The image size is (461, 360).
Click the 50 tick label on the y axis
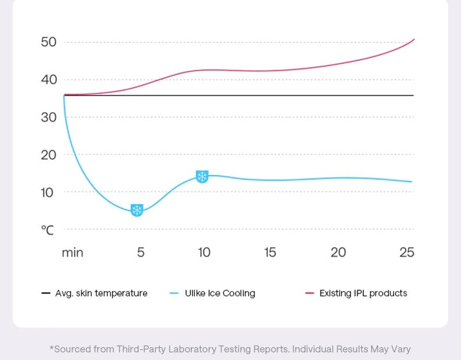48,42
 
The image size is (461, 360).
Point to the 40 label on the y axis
48,79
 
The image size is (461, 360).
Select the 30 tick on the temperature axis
48,117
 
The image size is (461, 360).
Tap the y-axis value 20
48,155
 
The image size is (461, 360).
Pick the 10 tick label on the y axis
48,192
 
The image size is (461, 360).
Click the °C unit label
47,230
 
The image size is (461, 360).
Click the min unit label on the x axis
72,253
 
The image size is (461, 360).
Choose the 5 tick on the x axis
141,253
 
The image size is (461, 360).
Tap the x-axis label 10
204,253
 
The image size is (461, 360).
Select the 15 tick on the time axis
270,253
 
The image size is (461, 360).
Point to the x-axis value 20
338,253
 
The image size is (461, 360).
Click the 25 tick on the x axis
407,253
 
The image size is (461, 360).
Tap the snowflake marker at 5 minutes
137,210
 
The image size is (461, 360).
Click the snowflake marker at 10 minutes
202,176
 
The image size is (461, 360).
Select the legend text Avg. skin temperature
101,293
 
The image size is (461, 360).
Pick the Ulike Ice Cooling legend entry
220,293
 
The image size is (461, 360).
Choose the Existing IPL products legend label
363,293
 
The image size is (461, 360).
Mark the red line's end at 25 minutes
414,40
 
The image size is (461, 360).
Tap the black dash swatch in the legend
46,293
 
